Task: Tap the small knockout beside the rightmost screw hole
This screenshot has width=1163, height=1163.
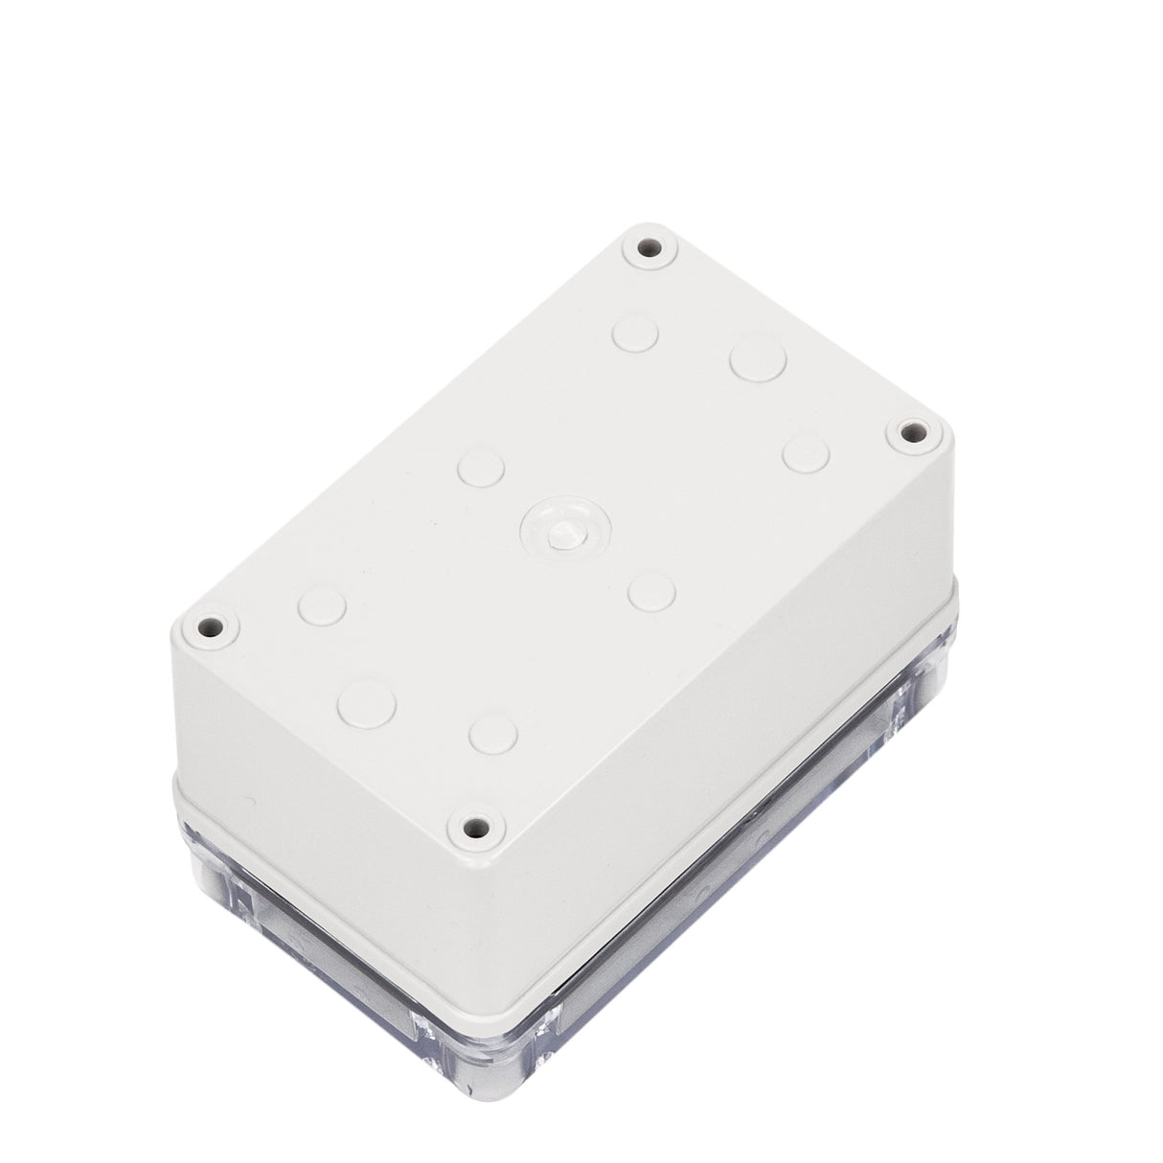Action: point(805,453)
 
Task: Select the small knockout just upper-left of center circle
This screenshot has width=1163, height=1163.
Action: point(481,467)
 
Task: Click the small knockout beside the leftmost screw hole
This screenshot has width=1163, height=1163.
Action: point(322,605)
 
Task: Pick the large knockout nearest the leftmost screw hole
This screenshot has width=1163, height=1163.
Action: point(367,701)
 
